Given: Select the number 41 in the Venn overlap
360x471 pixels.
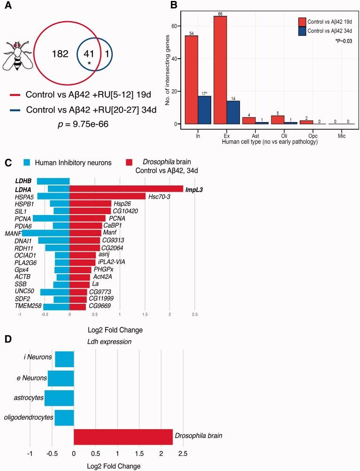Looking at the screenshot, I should pyautogui.click(x=89, y=54).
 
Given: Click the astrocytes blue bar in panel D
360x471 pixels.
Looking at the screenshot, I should pyautogui.click(x=59, y=398).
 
